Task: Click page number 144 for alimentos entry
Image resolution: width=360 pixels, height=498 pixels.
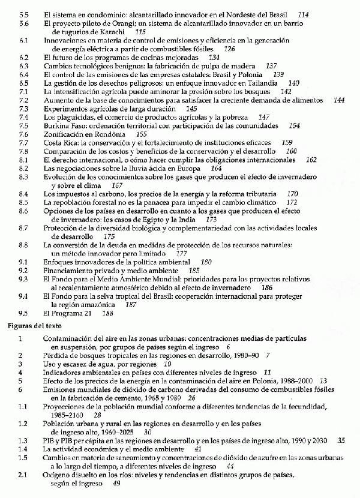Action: [339, 100]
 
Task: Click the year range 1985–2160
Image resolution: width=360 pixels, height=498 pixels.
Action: [67, 415]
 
